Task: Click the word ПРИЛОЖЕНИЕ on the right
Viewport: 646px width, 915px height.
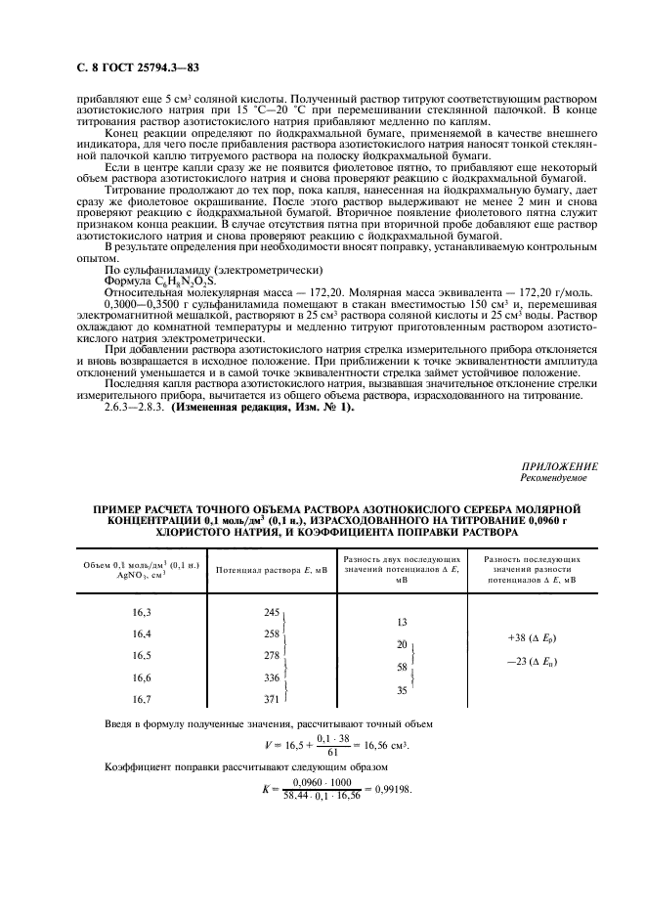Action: pyautogui.click(x=560, y=466)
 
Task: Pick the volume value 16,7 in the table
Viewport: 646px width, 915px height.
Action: pyautogui.click(x=142, y=699)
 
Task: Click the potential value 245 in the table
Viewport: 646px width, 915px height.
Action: pyautogui.click(x=272, y=611)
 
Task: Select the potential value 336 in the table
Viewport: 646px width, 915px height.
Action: pyautogui.click(x=272, y=677)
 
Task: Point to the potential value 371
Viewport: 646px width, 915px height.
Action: pyautogui.click(x=272, y=699)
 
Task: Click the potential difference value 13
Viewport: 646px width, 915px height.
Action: pyautogui.click(x=402, y=622)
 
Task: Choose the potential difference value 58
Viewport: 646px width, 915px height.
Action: pyautogui.click(x=402, y=667)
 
